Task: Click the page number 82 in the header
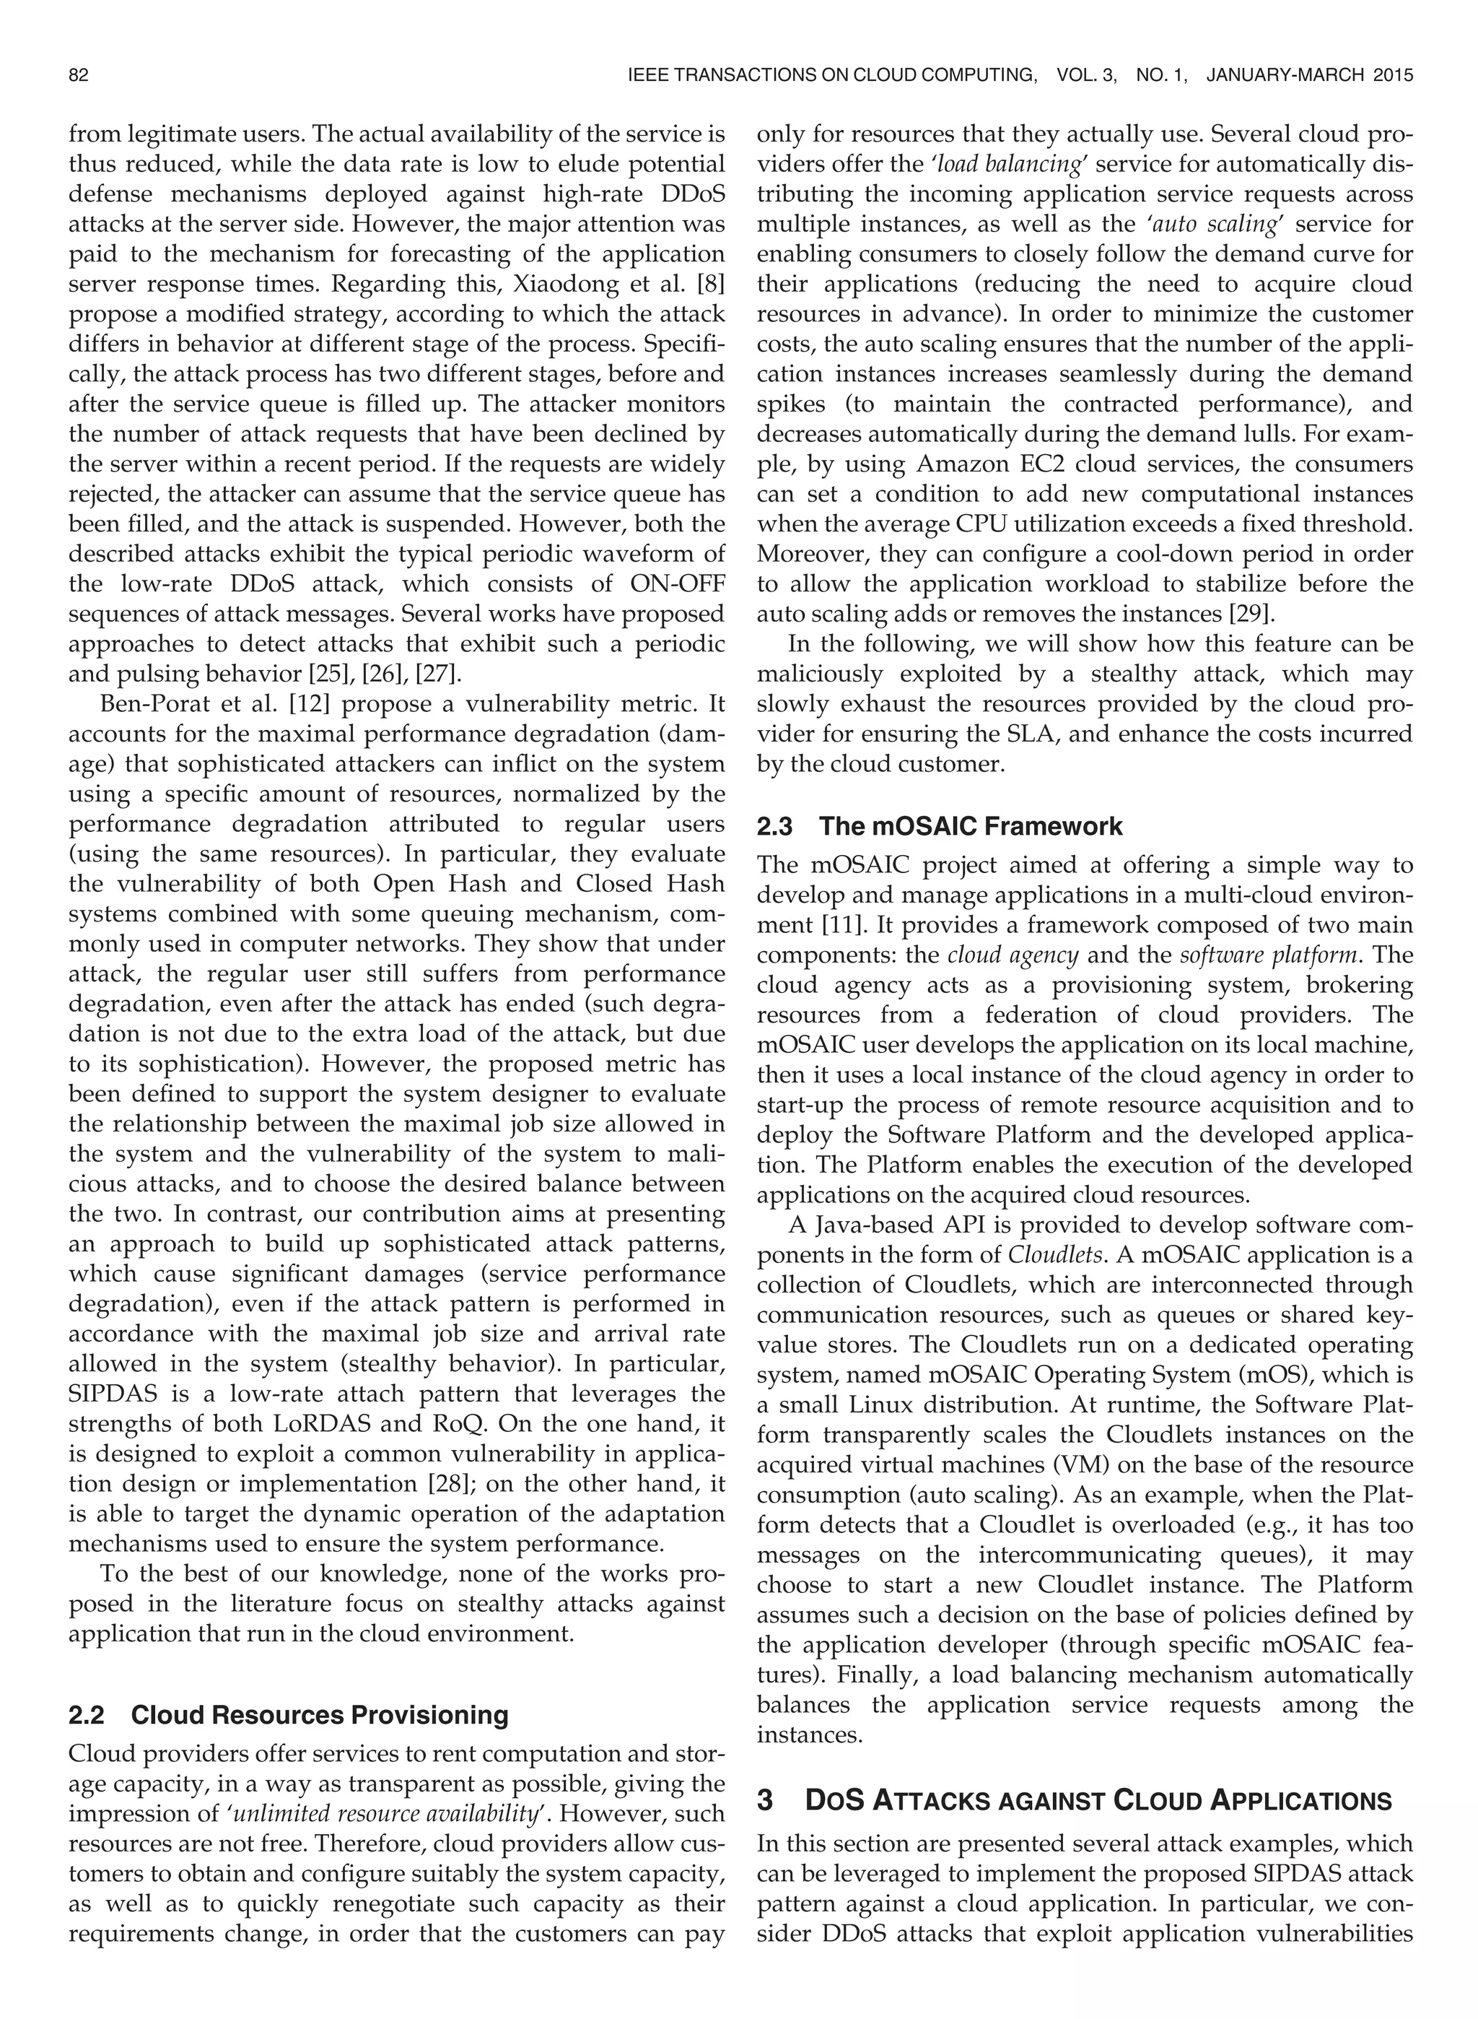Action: (79, 76)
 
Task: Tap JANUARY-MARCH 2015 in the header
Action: (1309, 76)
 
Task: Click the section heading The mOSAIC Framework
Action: (970, 826)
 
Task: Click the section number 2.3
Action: (775, 826)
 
